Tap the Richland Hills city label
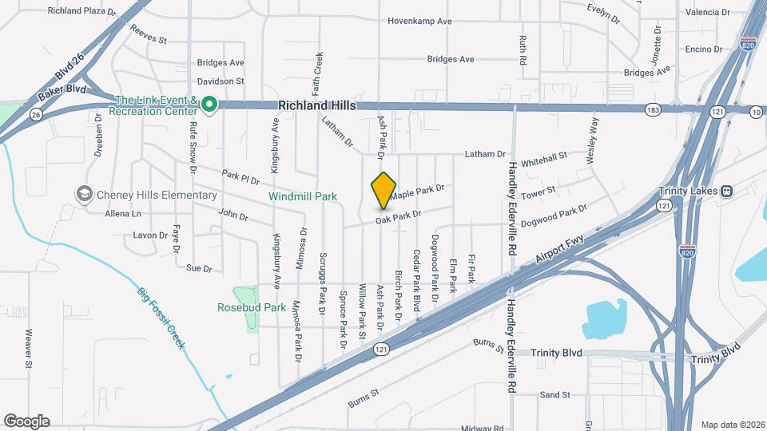coord(317,105)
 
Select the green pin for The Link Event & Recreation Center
coord(209,104)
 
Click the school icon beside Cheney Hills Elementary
coord(84,195)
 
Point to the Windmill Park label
coord(303,196)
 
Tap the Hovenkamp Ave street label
coord(420,21)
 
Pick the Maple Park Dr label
coord(416,192)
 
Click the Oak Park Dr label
coord(398,216)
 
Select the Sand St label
coord(554,394)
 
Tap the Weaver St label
coord(29,349)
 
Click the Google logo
coord(26,421)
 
